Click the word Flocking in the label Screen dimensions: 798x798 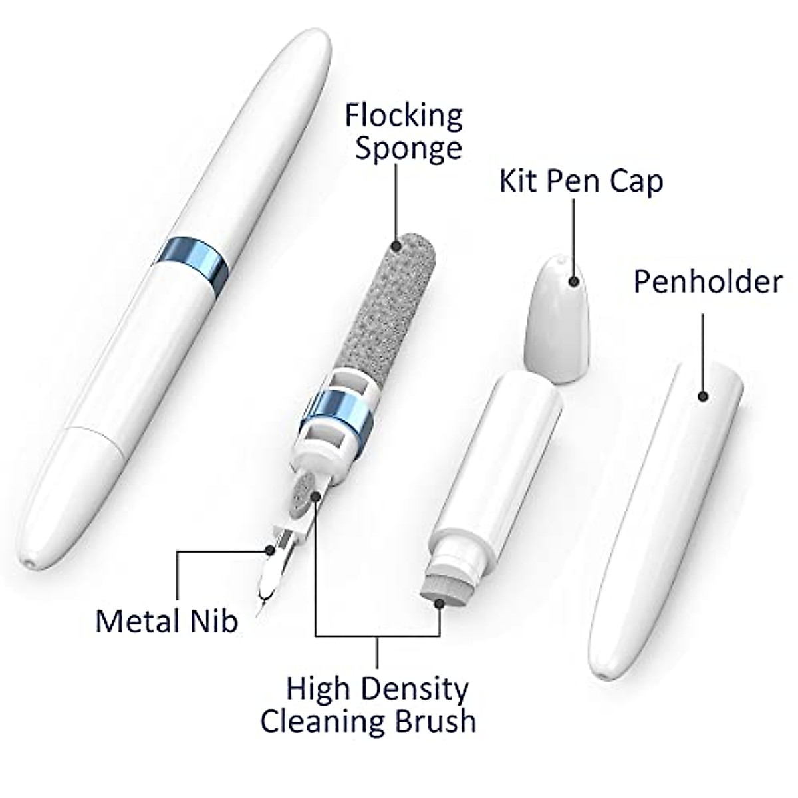tap(403, 117)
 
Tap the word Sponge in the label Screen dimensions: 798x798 tap(408, 148)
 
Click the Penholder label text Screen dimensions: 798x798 tap(707, 281)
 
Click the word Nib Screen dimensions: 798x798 tap(218, 621)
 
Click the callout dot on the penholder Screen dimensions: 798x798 tap(703, 396)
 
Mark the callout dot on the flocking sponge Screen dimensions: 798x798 tap(397, 246)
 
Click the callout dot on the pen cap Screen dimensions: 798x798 tap(573, 281)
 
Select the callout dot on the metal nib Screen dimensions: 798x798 tap(269, 550)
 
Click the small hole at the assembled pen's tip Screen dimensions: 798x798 tap(27, 562)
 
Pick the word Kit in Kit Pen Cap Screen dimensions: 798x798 tap(518, 180)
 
